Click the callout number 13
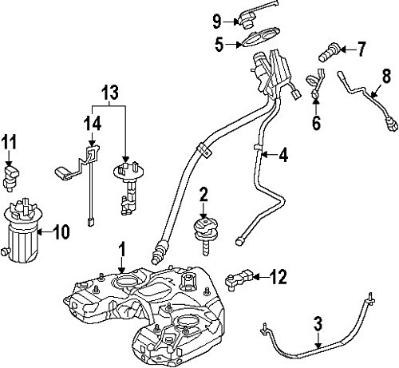click(110, 93)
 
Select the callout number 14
click(92, 124)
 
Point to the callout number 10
click(61, 231)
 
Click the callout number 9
click(217, 22)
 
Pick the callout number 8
click(386, 76)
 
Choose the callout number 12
click(279, 277)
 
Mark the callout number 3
click(318, 323)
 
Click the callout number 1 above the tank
click(122, 249)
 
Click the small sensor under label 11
click(11, 177)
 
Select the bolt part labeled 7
click(330, 53)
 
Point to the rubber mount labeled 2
click(205, 234)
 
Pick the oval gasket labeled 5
click(261, 37)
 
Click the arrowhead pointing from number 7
click(343, 49)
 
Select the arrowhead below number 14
click(92, 144)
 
